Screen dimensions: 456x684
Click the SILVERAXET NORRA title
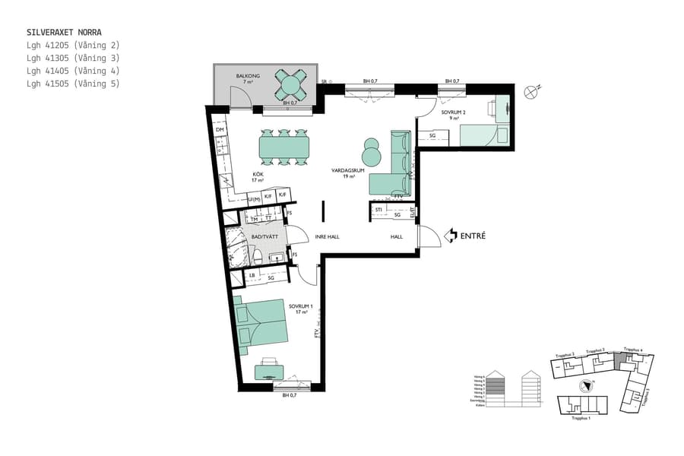tap(64, 33)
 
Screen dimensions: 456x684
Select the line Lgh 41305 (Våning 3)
tap(73, 58)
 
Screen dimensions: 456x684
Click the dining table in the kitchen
tap(284, 146)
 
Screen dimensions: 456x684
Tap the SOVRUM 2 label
tap(453, 112)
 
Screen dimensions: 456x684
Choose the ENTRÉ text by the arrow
tap(473, 236)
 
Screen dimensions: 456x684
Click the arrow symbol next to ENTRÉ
tap(451, 236)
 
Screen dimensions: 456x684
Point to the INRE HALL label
tap(327, 237)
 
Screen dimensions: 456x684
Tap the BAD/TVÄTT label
tap(263, 237)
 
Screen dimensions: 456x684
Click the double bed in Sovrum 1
tap(261, 325)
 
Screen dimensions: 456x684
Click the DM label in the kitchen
tap(220, 131)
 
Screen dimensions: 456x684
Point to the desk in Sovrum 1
tap(270, 372)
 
